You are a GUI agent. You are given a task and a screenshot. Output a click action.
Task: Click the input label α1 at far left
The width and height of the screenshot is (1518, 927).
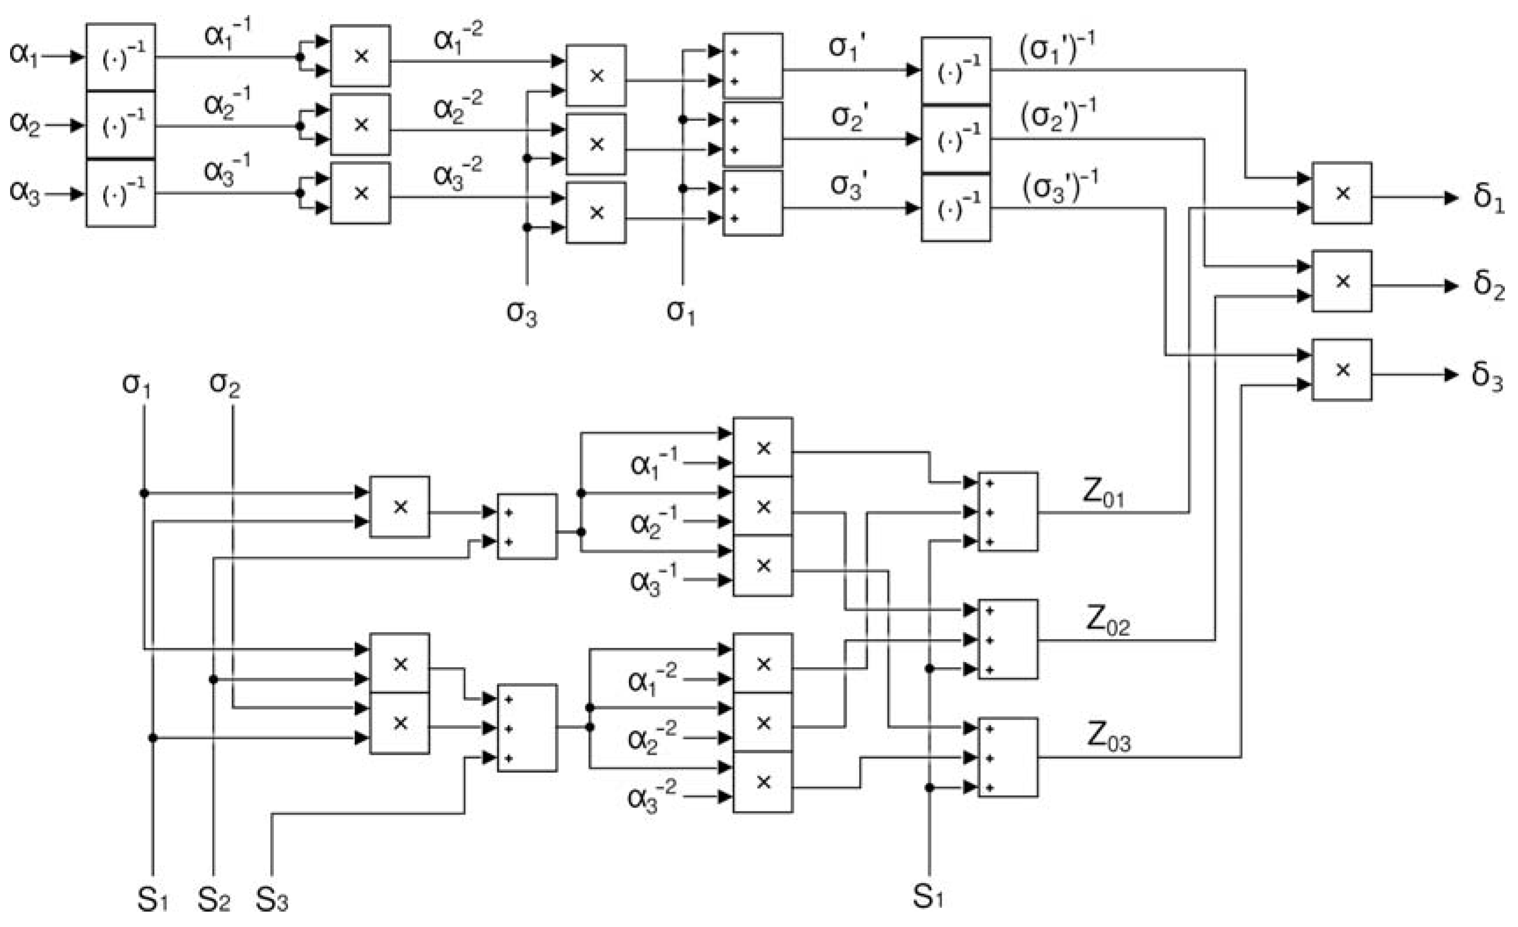click(23, 55)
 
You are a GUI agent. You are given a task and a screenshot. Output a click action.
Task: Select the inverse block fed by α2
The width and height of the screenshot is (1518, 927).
click(121, 126)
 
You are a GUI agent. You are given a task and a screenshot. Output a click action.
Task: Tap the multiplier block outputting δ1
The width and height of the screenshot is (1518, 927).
click(1341, 193)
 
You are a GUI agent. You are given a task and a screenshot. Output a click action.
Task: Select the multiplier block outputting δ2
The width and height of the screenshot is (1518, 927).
click(1341, 281)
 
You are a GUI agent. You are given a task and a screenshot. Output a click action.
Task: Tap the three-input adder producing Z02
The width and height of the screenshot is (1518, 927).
click(1008, 640)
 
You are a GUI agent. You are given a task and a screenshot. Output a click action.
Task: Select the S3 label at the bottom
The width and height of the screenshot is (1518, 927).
click(272, 901)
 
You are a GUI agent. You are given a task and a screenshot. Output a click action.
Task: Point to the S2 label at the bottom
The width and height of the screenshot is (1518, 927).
click(213, 901)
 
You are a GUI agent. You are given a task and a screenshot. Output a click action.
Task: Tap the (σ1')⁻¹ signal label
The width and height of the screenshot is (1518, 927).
click(1057, 49)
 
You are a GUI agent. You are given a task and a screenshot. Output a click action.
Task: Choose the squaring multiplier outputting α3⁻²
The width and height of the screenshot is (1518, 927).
click(360, 193)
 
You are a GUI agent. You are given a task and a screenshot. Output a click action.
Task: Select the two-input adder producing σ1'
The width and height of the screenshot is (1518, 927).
click(752, 66)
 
